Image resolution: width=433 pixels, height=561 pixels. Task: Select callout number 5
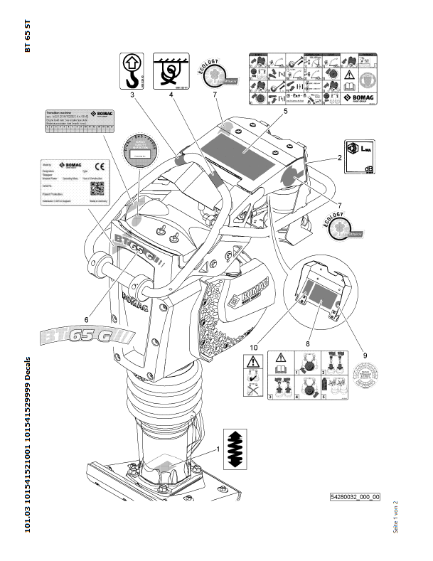pyautogui.click(x=264, y=112)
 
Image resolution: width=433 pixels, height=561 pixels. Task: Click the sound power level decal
pyautogui.click(x=360, y=155)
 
